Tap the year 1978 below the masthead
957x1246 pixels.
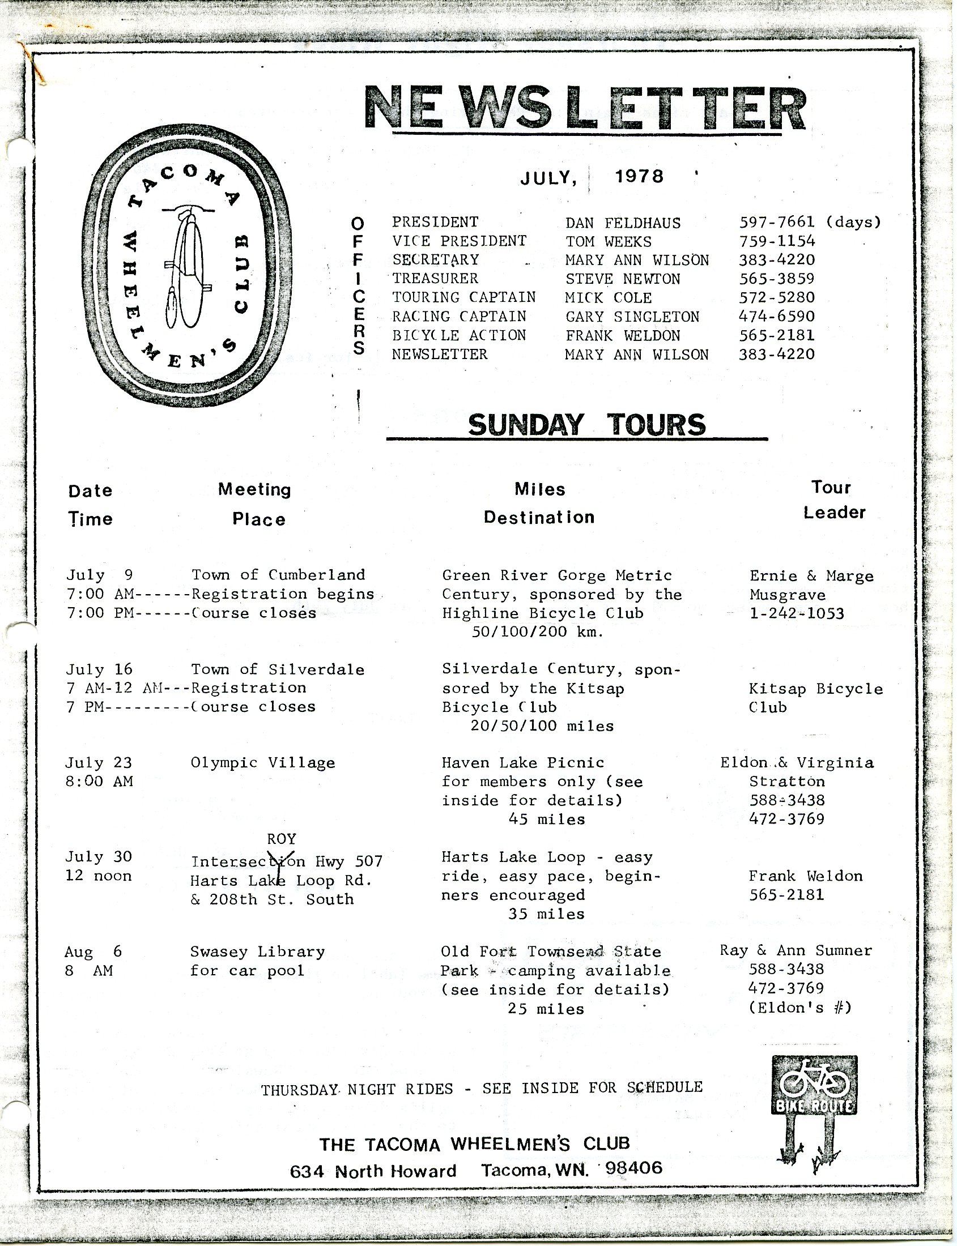point(639,177)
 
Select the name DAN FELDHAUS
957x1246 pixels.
point(623,223)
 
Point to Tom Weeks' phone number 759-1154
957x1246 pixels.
point(777,241)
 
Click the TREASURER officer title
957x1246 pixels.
point(435,279)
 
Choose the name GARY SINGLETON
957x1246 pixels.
point(632,317)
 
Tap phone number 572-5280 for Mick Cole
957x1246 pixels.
point(777,297)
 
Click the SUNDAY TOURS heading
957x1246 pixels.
point(586,425)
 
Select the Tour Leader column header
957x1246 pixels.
point(833,500)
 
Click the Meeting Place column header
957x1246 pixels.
point(255,504)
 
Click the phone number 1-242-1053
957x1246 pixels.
point(796,613)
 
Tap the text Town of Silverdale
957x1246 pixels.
point(278,669)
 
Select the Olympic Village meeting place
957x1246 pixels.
point(262,763)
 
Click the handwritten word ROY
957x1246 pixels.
point(282,839)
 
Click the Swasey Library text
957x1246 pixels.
point(257,951)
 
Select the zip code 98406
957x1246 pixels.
point(634,1168)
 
